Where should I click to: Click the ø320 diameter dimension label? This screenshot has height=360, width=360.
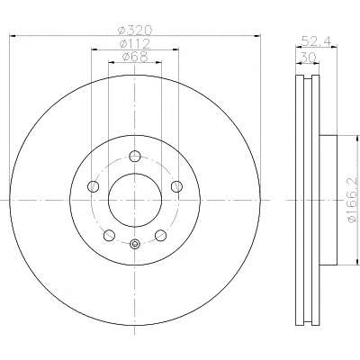click(135, 31)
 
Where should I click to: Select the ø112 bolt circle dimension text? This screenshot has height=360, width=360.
click(135, 44)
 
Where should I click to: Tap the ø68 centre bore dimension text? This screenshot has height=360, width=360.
click(135, 57)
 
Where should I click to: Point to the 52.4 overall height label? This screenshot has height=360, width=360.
click(316, 41)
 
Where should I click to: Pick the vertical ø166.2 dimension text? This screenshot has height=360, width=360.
click(352, 200)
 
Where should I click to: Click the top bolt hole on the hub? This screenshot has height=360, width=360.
click(135, 156)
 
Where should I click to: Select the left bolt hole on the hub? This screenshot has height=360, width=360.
click(93, 186)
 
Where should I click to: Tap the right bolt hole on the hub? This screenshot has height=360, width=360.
click(176, 186)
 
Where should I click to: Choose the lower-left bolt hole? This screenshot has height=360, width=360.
click(109, 235)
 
